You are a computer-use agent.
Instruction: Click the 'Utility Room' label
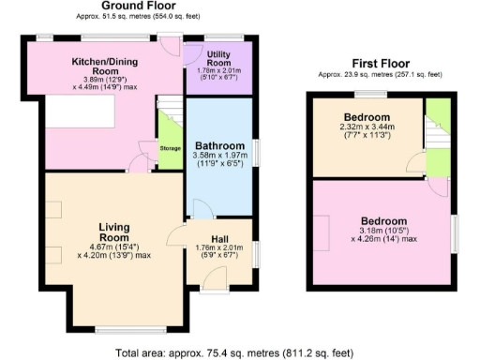tap(219, 58)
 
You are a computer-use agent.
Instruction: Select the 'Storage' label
tap(170, 148)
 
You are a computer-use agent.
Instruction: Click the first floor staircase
tap(437, 127)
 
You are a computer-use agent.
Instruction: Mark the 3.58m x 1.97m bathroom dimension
tap(217, 163)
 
